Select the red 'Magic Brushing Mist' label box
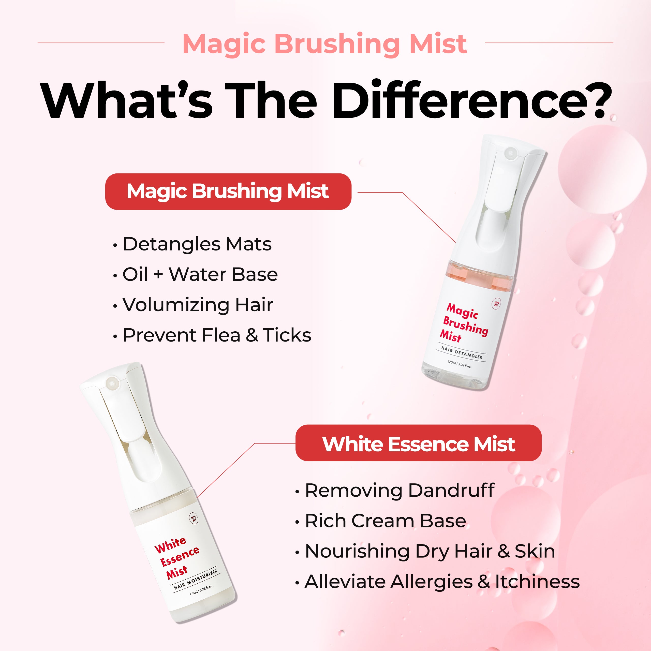coord(228,192)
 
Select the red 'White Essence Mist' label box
coord(419,443)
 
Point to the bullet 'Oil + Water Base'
coord(196,274)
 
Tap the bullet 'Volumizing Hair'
coord(193,305)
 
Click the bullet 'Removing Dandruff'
coord(395,490)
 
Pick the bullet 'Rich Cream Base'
coord(380,521)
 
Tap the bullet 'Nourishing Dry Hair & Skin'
coord(425,551)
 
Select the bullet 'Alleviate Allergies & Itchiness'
coord(437,582)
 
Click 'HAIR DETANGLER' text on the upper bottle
coord(462,353)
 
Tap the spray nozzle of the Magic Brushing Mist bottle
coord(510,153)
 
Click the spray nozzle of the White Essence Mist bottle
coord(112,383)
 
